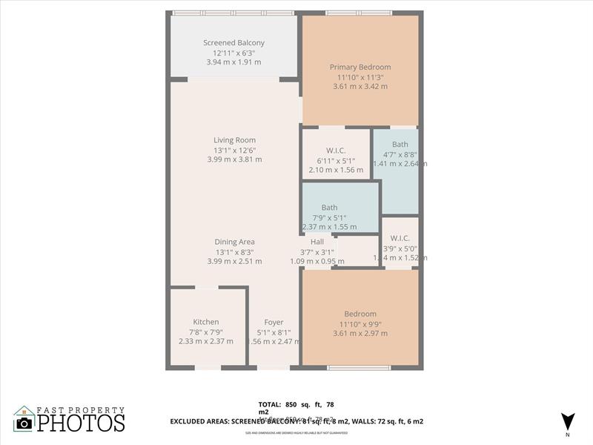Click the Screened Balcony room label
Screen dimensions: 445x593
pos(233,43)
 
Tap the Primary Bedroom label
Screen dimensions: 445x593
pos(360,67)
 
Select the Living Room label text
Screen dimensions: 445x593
pos(234,139)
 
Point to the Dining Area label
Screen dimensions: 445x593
pos(234,242)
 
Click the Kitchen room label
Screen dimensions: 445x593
pos(205,322)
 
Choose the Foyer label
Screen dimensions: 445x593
pos(274,322)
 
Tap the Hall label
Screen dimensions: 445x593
pos(317,242)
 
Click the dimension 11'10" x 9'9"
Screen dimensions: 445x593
pos(360,323)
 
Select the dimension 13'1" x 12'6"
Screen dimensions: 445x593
pos(234,149)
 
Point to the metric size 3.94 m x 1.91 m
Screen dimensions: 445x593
pos(233,62)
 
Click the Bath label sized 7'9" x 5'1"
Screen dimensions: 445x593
pos(329,208)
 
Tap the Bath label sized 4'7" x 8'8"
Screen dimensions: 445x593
pos(400,145)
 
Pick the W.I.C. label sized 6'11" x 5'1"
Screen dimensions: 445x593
pos(336,151)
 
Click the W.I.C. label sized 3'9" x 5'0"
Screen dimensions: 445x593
pos(400,239)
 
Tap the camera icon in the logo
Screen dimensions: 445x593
pos(24,423)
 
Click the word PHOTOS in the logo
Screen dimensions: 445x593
pos(81,423)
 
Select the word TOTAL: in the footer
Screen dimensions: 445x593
pos(269,405)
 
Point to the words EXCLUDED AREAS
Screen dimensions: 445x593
pos(200,421)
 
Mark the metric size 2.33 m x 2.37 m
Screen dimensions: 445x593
pos(205,341)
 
